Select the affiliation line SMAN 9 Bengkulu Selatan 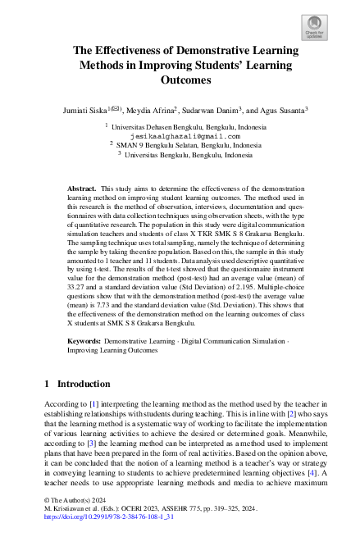tap(188, 145)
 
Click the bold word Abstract tap(81, 189)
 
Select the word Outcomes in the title tap(180, 80)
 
